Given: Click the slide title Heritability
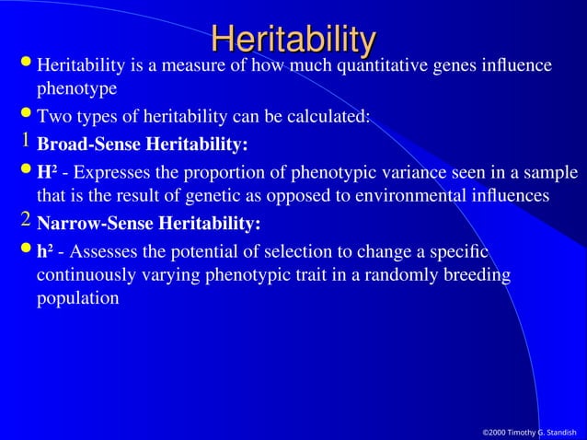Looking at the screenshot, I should coord(293,39).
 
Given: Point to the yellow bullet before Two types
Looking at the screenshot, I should coord(25,116).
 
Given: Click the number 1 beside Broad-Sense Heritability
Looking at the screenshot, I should coord(27,141).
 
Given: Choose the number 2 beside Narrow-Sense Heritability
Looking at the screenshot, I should coord(27,219).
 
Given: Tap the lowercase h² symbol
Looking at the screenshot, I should coord(45,251).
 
